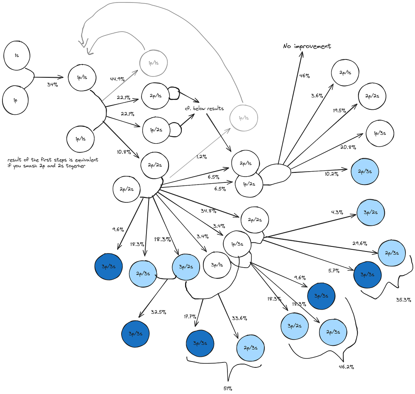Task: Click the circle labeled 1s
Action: pos(17,55)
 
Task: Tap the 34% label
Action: pos(52,84)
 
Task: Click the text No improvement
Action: pos(307,46)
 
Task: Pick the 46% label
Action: pos(305,76)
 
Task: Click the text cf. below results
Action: pos(204,108)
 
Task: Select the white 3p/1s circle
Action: pos(217,264)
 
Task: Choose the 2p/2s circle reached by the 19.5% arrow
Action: pos(372,96)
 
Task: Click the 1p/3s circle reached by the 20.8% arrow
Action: pos(380,133)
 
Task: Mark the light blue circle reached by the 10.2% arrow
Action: pos(365,171)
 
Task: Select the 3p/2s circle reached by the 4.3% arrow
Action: pos(371,212)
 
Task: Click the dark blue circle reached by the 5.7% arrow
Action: pos(367,275)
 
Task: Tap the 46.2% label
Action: pos(346,367)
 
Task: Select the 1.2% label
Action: pos(202,157)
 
